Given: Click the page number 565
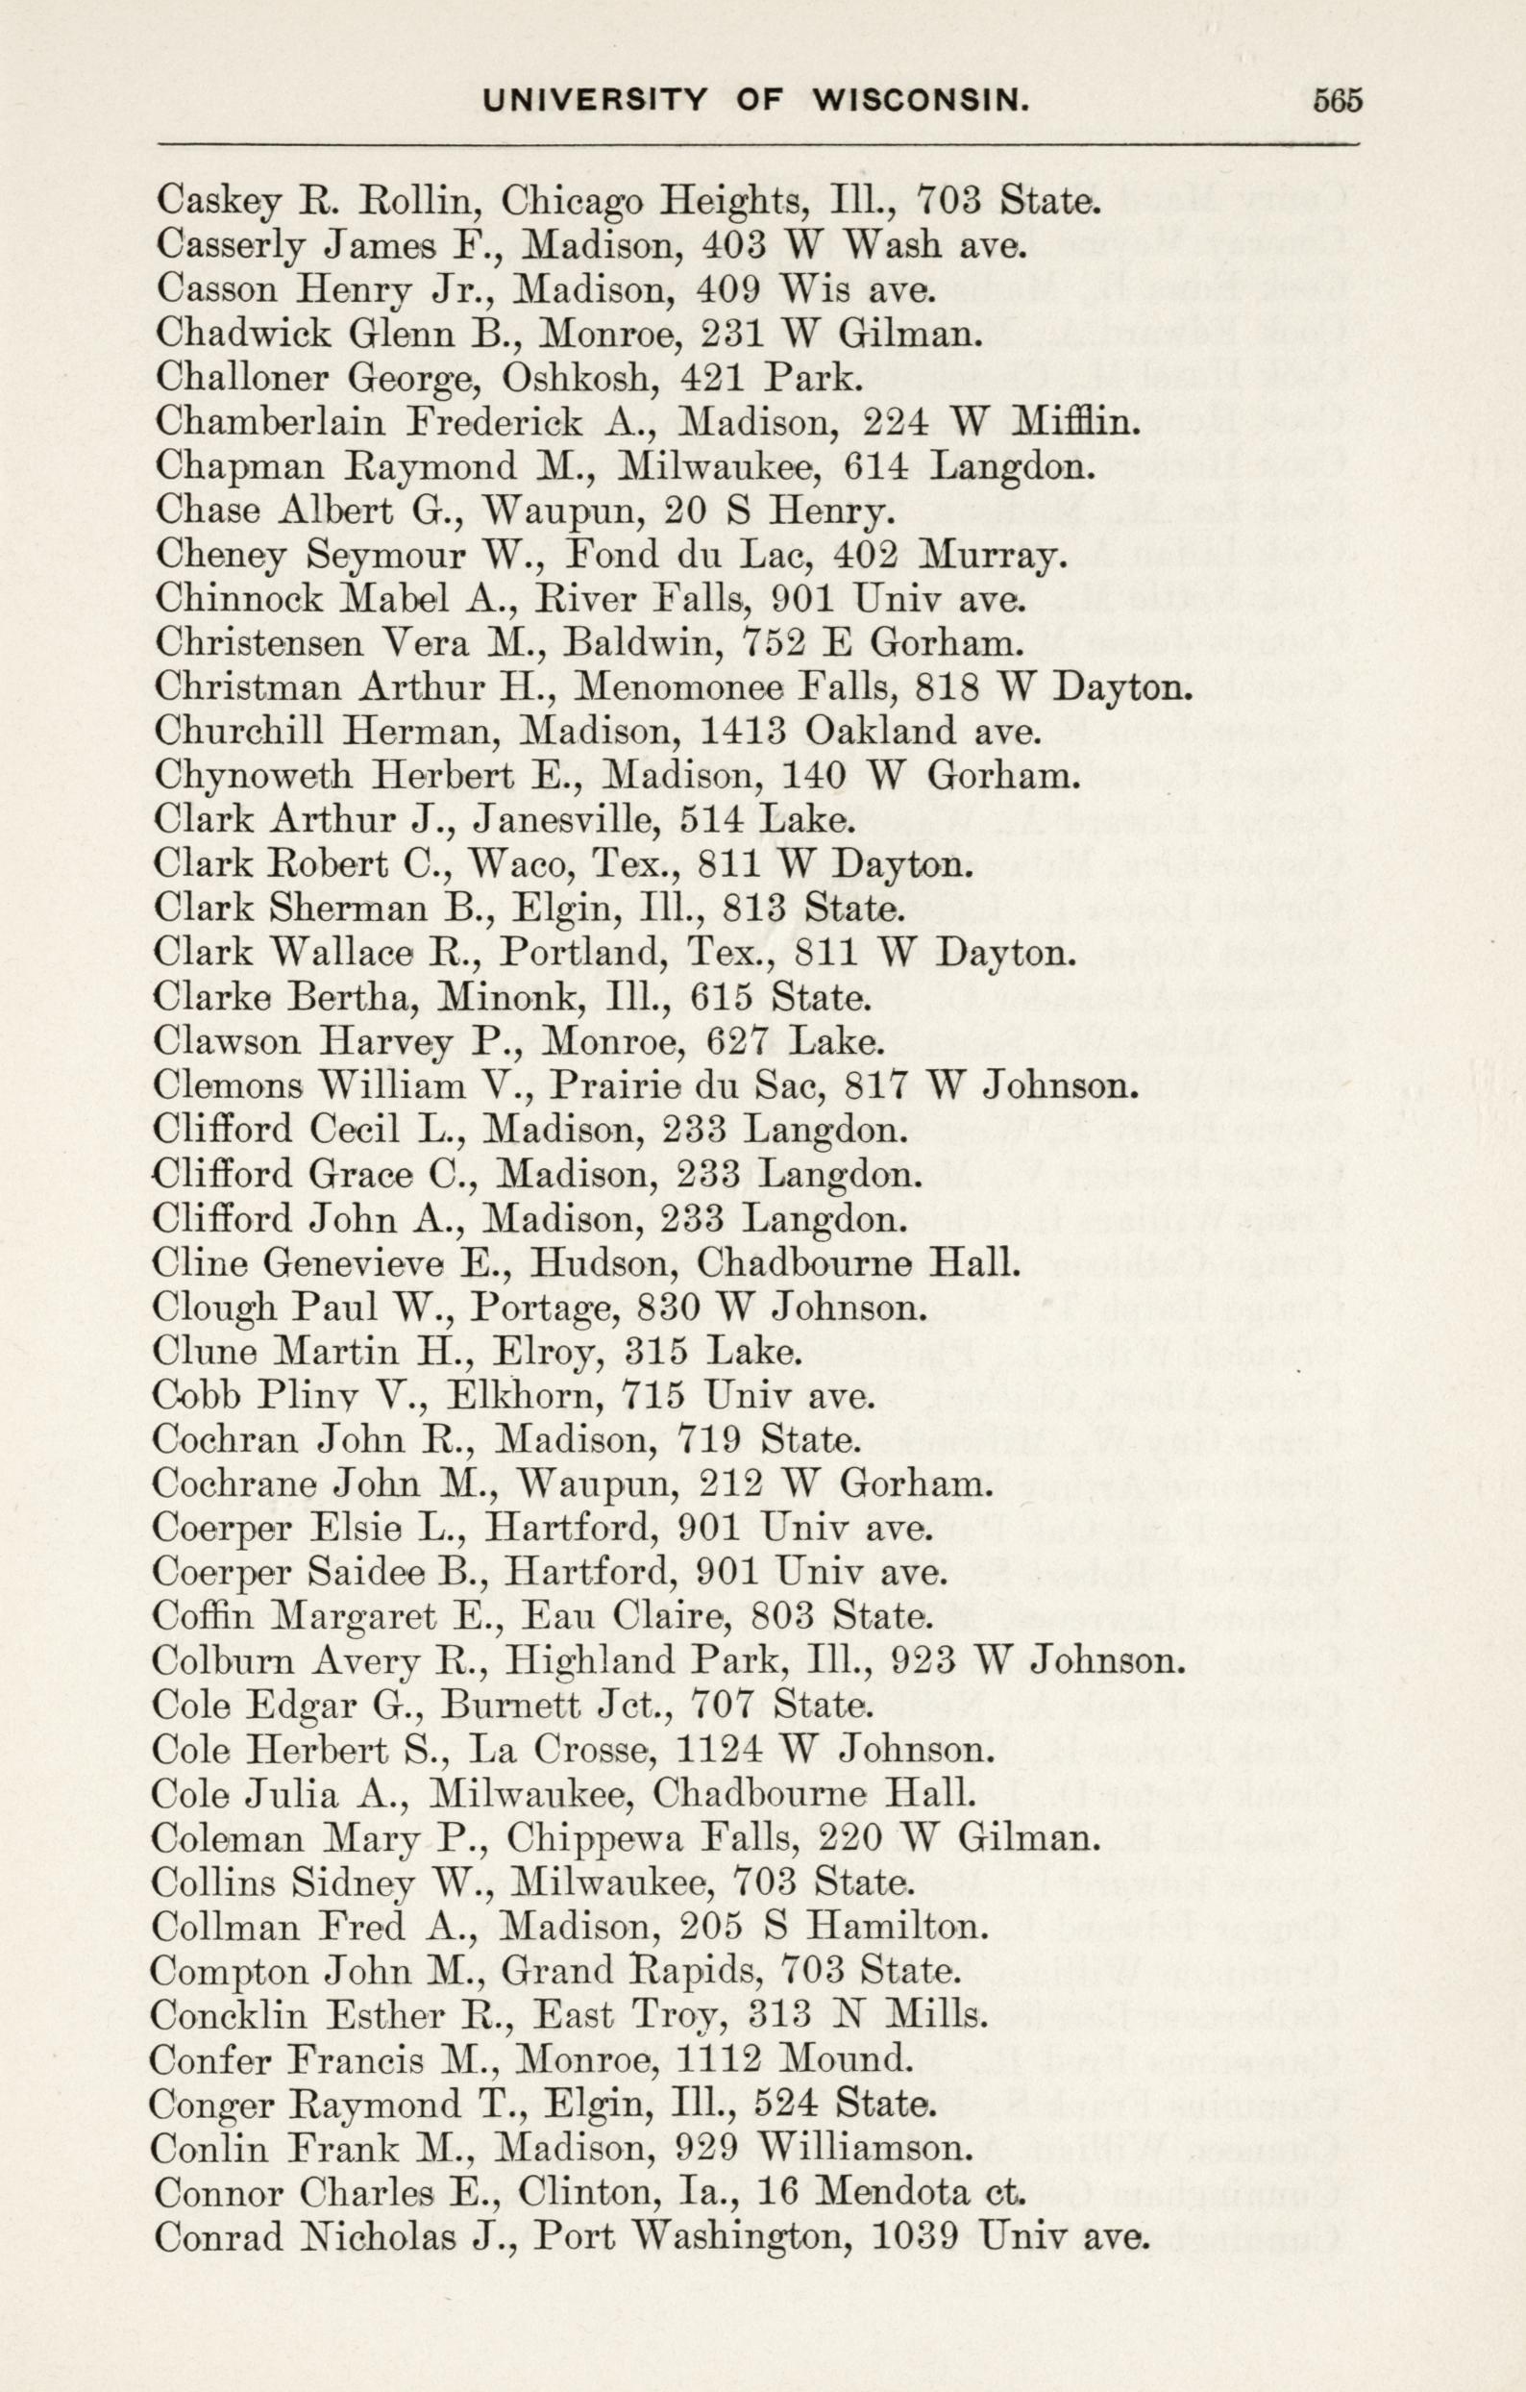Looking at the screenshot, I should point(1338,100).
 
